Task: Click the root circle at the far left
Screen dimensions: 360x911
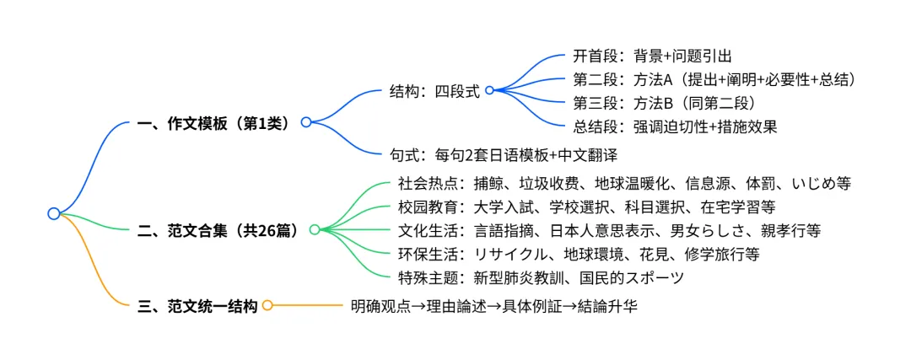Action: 53,213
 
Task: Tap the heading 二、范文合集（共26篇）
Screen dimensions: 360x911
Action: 218,229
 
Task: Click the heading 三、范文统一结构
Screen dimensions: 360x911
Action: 197,306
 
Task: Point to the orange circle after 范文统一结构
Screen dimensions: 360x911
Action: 267,306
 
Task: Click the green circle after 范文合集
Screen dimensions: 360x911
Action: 315,229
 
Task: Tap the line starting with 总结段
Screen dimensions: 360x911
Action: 675,127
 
